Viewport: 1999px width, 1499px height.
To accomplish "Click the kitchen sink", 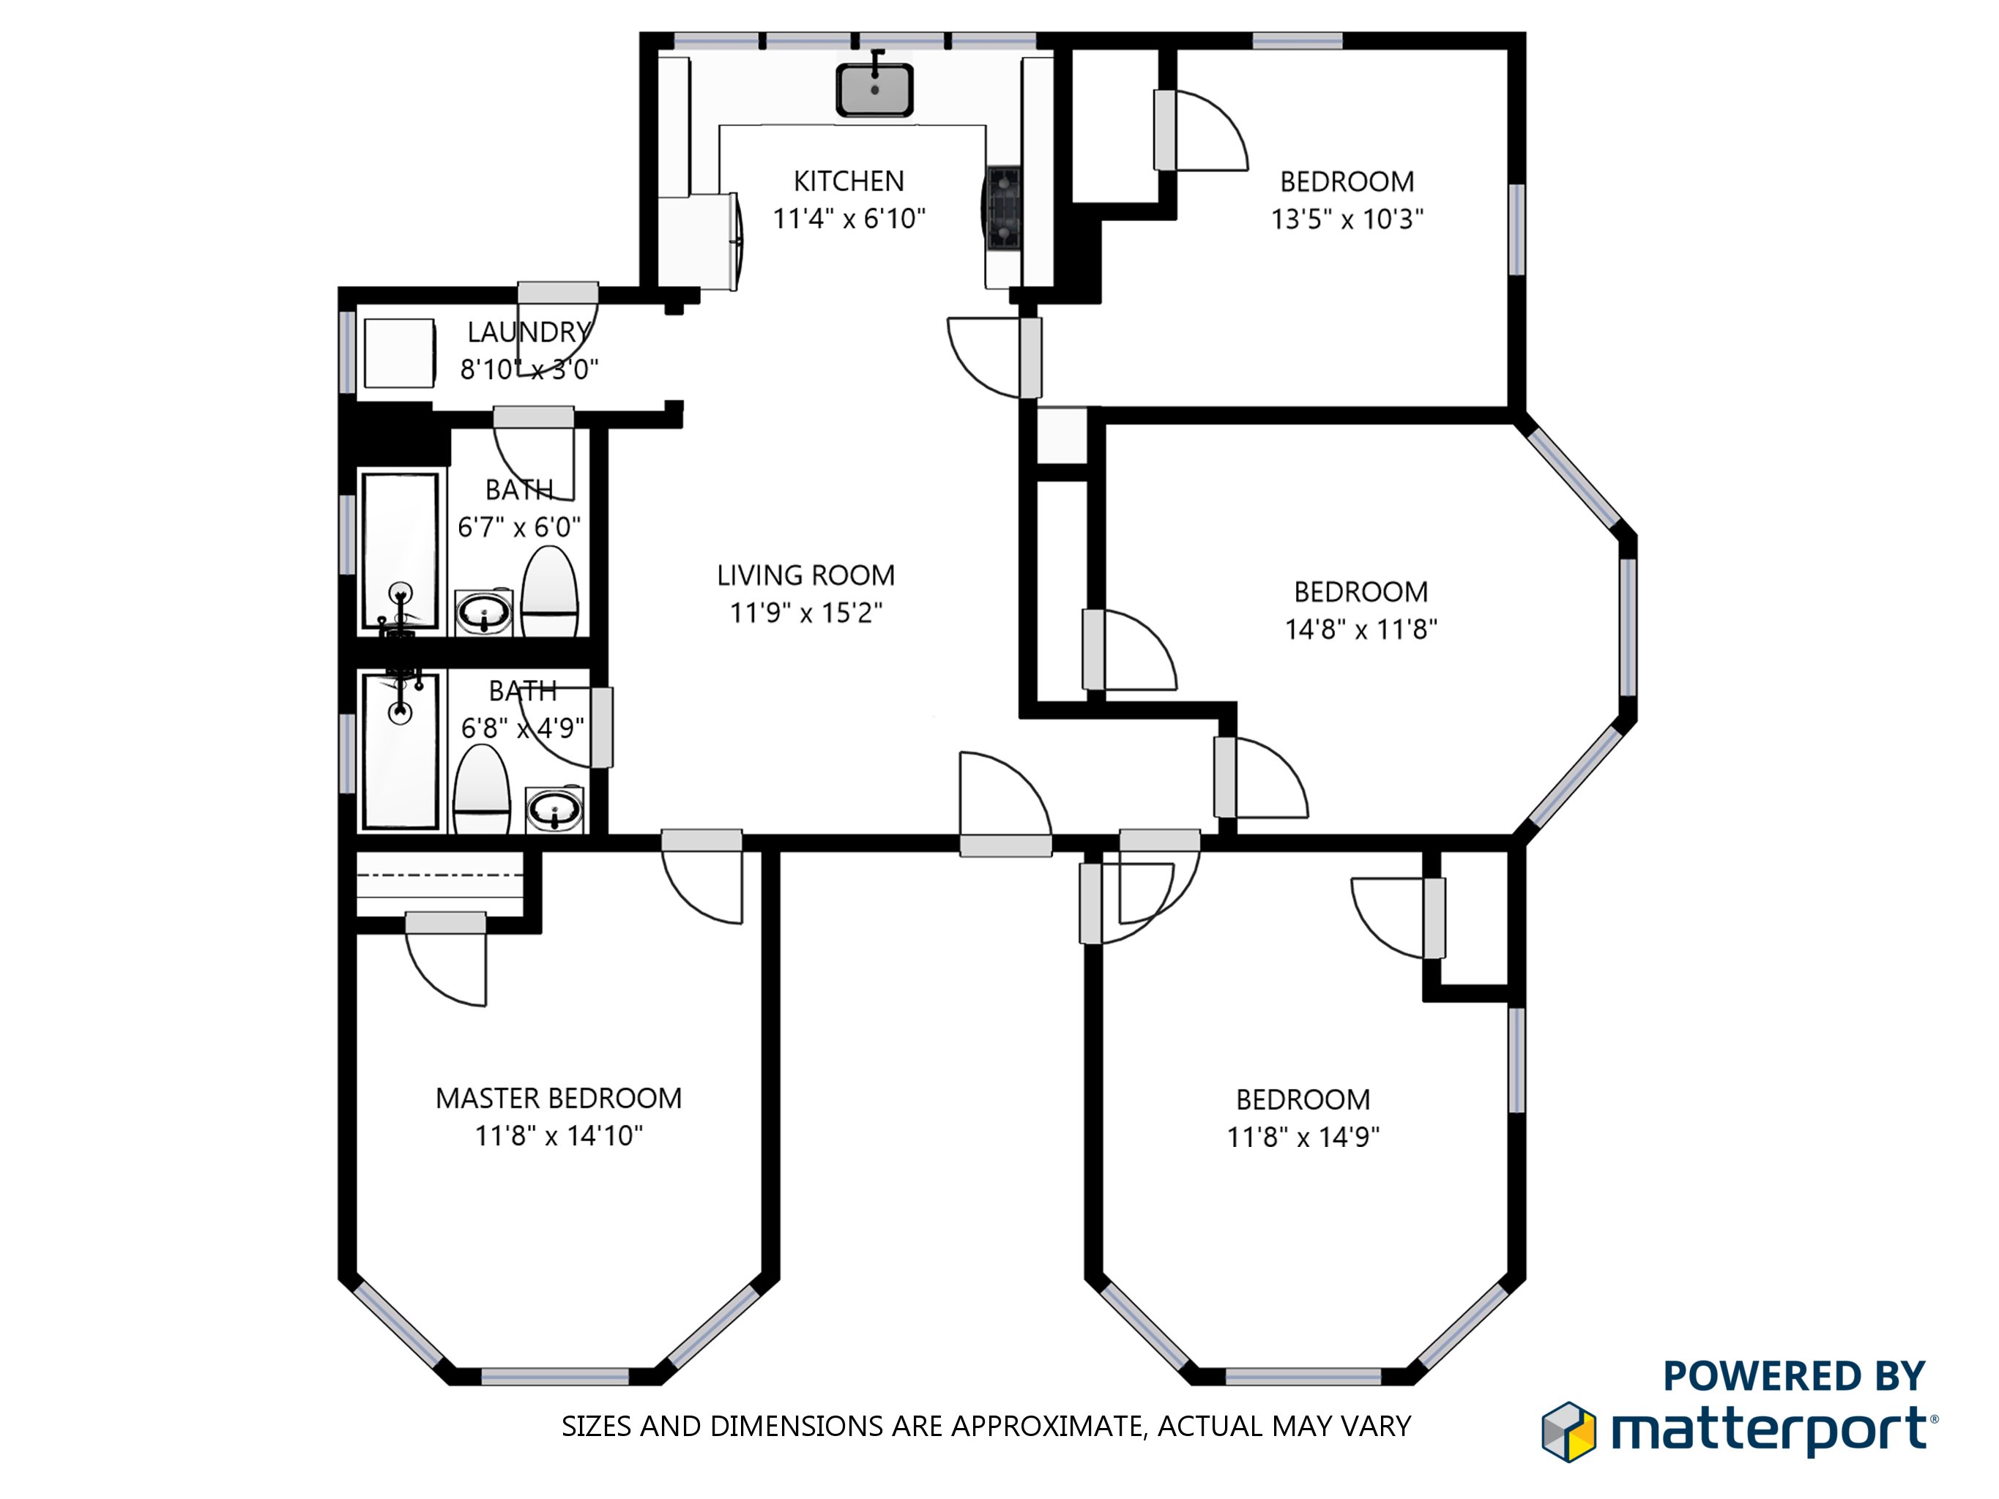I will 874,89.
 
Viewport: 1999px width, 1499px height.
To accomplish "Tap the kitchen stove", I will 1003,208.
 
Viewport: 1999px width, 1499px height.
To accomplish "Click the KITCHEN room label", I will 849,182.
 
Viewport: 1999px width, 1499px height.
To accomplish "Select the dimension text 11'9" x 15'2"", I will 806,613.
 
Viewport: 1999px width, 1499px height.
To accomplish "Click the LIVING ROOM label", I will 806,575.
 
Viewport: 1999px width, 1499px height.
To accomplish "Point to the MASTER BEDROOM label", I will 559,1098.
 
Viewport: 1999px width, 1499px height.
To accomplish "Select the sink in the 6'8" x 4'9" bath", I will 554,809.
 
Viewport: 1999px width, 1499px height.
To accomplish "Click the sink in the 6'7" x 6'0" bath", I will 483,613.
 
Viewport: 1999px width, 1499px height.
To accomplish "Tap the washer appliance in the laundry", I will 398,352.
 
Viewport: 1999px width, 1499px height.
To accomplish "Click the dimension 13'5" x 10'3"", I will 1347,220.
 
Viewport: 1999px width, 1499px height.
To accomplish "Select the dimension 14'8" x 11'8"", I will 1361,629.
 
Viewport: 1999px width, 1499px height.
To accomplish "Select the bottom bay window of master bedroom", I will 555,1376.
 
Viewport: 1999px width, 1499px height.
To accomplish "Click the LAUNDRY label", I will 529,332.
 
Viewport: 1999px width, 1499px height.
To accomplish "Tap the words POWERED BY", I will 1794,1376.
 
